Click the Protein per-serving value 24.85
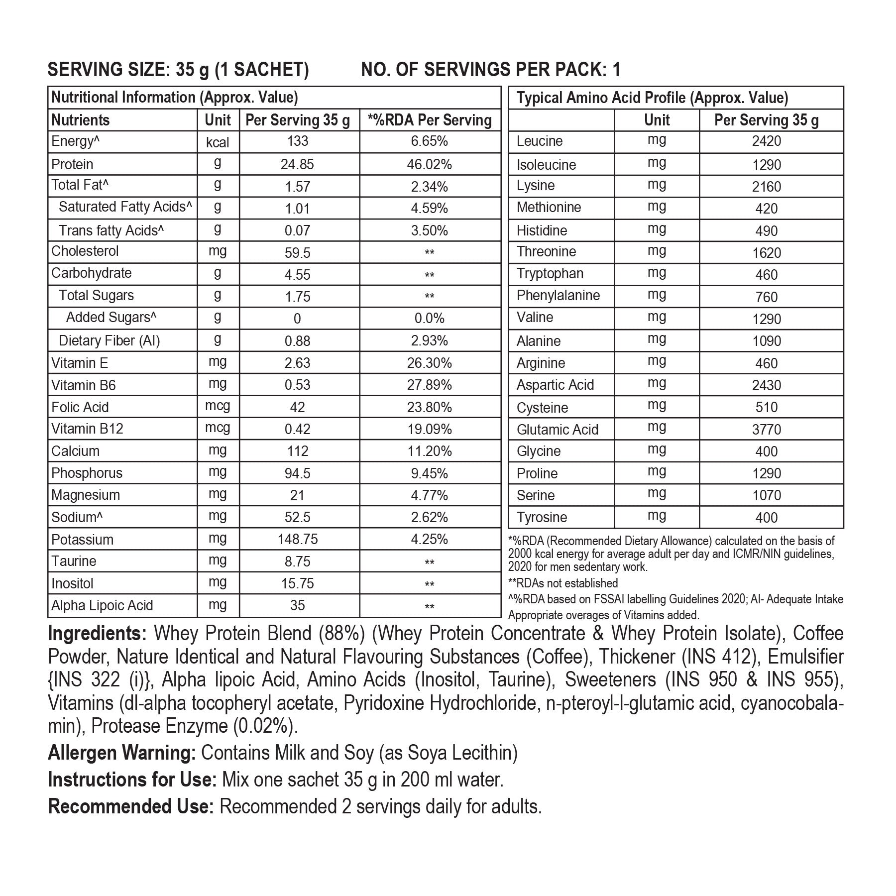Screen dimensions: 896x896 pyautogui.click(x=297, y=164)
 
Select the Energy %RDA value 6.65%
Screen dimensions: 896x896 pyautogui.click(x=429, y=141)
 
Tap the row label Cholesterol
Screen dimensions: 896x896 pyautogui.click(x=85, y=251)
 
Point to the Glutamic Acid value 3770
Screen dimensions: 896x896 pyautogui.click(x=766, y=429)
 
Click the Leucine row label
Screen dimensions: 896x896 pyautogui.click(x=540, y=141)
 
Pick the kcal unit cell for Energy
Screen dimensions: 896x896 pyautogui.click(x=218, y=142)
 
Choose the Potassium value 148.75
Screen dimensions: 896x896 pyautogui.click(x=297, y=540)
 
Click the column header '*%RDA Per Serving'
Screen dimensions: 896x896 pyautogui.click(x=429, y=120)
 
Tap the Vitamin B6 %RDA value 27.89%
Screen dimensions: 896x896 pyautogui.click(x=429, y=385)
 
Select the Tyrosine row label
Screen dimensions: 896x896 pyautogui.click(x=542, y=517)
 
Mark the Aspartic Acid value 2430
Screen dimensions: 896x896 pyautogui.click(x=766, y=385)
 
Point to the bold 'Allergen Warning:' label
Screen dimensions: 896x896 pyautogui.click(x=122, y=753)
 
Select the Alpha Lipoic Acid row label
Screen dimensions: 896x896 pyautogui.click(x=102, y=605)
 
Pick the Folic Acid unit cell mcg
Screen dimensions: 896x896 pyautogui.click(x=218, y=406)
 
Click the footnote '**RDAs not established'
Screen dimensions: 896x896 pyautogui.click(x=562, y=583)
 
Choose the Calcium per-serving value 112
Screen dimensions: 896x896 pyautogui.click(x=297, y=451)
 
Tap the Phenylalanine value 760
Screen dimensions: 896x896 pyautogui.click(x=766, y=297)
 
